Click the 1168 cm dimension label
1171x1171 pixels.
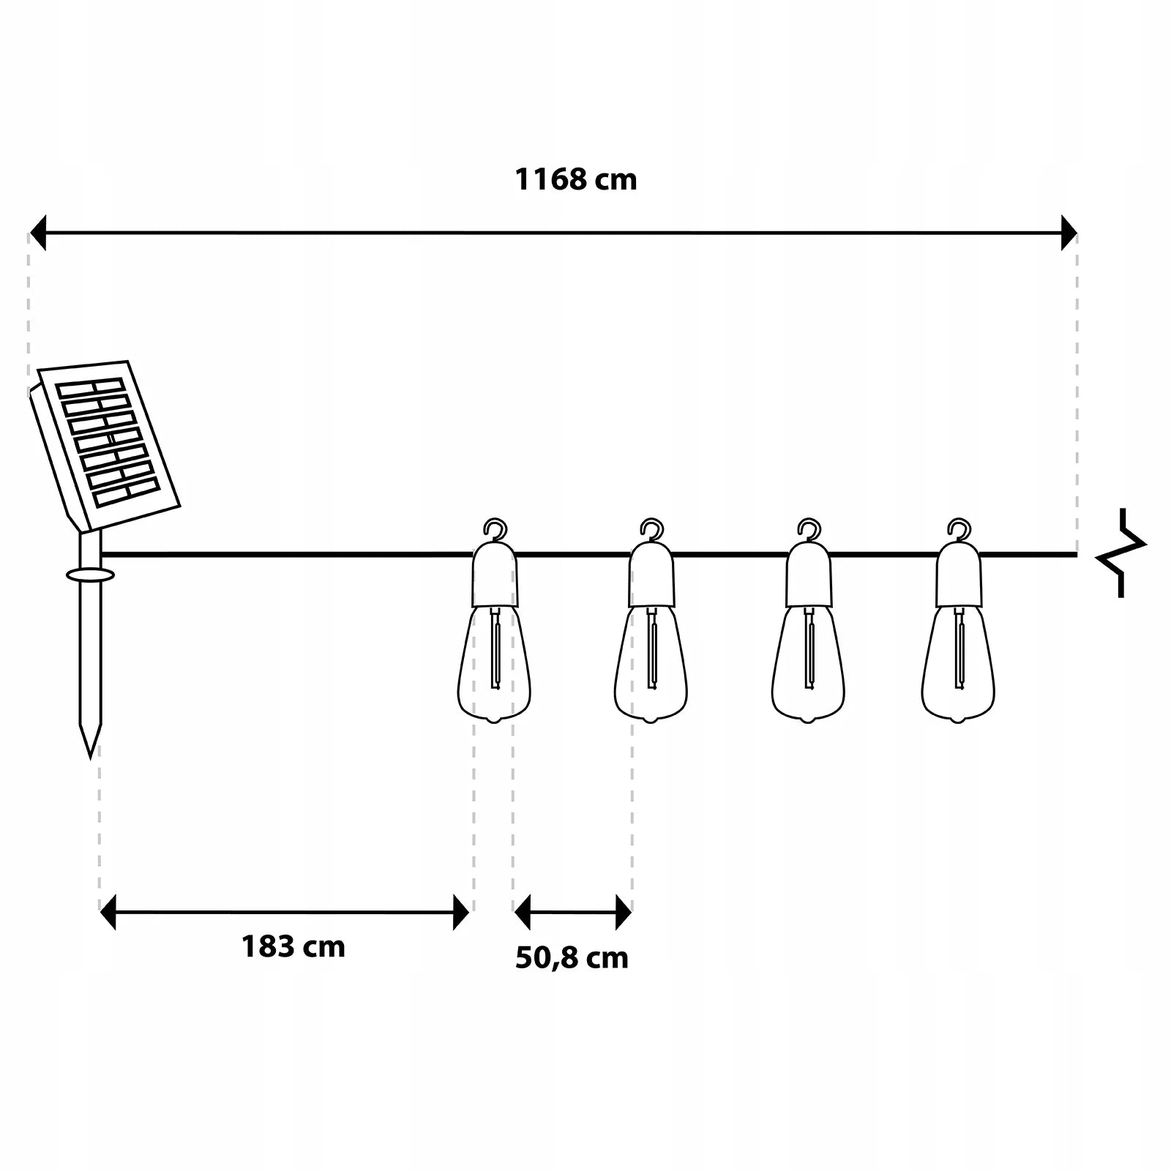coord(576,179)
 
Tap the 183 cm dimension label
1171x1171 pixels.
coord(293,946)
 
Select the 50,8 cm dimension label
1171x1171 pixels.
coord(572,958)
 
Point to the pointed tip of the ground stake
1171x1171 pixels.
coord(90,757)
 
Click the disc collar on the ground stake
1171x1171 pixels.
coord(90,575)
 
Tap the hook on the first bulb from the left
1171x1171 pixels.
coord(495,529)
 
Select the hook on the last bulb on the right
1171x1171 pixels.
coord(959,529)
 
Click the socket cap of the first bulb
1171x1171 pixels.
coord(495,575)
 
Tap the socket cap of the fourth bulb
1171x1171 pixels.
coord(958,575)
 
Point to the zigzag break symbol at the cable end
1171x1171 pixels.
coord(1121,553)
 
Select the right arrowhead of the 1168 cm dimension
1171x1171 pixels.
coord(1069,233)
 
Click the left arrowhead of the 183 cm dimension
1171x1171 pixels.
coord(108,912)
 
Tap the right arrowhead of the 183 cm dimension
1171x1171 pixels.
coord(461,912)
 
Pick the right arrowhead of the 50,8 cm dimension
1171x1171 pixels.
coord(624,912)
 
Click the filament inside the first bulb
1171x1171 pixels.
coord(495,648)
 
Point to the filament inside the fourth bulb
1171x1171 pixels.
coord(958,648)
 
